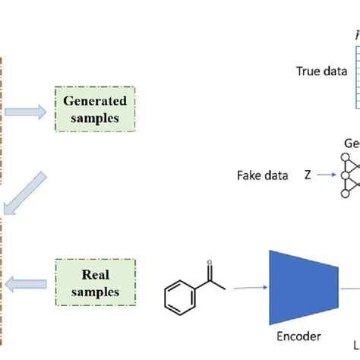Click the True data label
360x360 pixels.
click(x=321, y=73)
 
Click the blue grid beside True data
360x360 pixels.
click(x=355, y=76)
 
